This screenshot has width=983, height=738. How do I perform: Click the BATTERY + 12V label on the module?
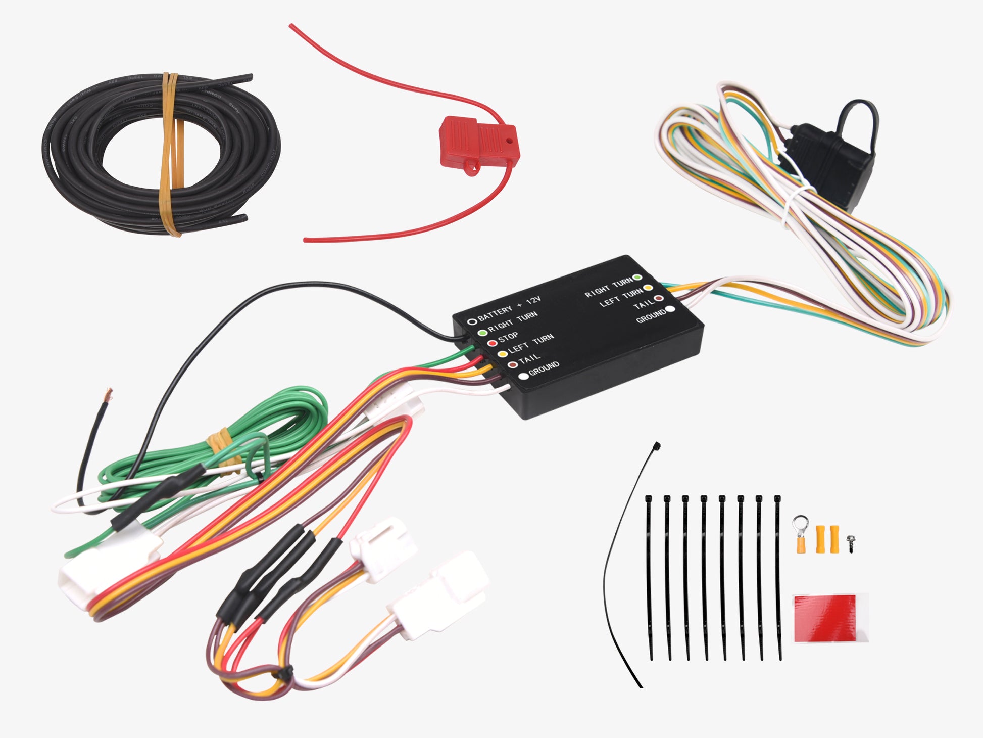(509, 309)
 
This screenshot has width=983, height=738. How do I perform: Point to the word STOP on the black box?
(508, 336)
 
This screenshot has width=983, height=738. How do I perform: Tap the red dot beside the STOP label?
(492, 343)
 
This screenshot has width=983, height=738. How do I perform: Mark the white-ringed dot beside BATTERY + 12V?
(472, 321)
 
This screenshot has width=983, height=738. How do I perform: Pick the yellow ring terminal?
(801, 534)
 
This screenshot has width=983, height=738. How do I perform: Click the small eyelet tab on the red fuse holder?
(471, 167)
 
